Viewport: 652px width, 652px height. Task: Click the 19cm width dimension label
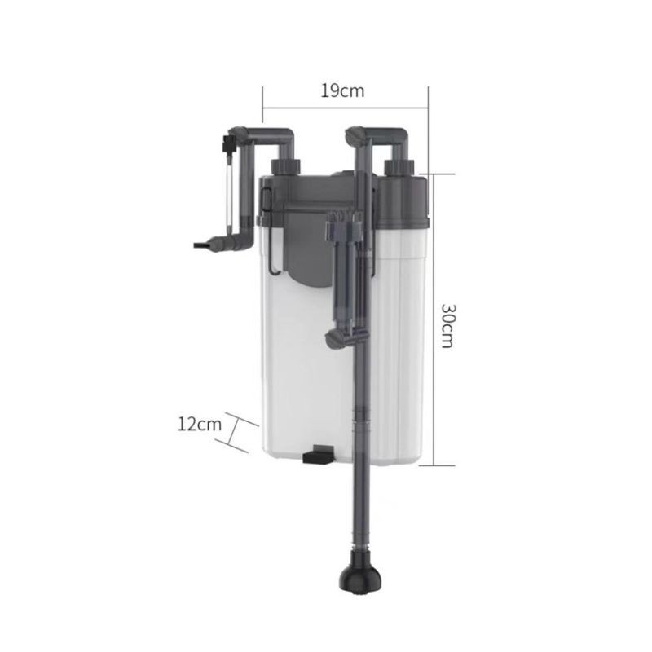[x=342, y=90]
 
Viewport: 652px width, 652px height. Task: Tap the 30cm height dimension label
[x=448, y=325]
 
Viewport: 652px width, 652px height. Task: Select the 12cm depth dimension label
[x=200, y=425]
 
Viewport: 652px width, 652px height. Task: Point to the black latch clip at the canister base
[x=319, y=454]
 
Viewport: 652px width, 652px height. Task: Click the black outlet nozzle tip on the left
[x=204, y=245]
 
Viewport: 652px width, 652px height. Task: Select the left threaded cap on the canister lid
[x=286, y=168]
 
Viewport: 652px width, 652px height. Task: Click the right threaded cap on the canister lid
[x=399, y=168]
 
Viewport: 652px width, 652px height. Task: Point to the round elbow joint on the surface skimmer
[x=335, y=339]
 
